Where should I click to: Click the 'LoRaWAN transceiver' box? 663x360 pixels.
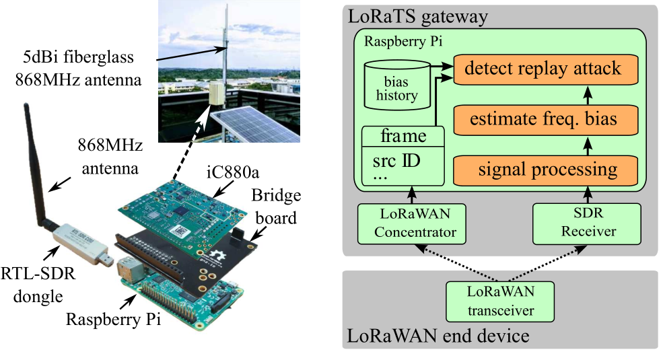pos(500,301)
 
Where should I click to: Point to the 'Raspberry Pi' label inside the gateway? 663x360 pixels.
pos(403,40)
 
